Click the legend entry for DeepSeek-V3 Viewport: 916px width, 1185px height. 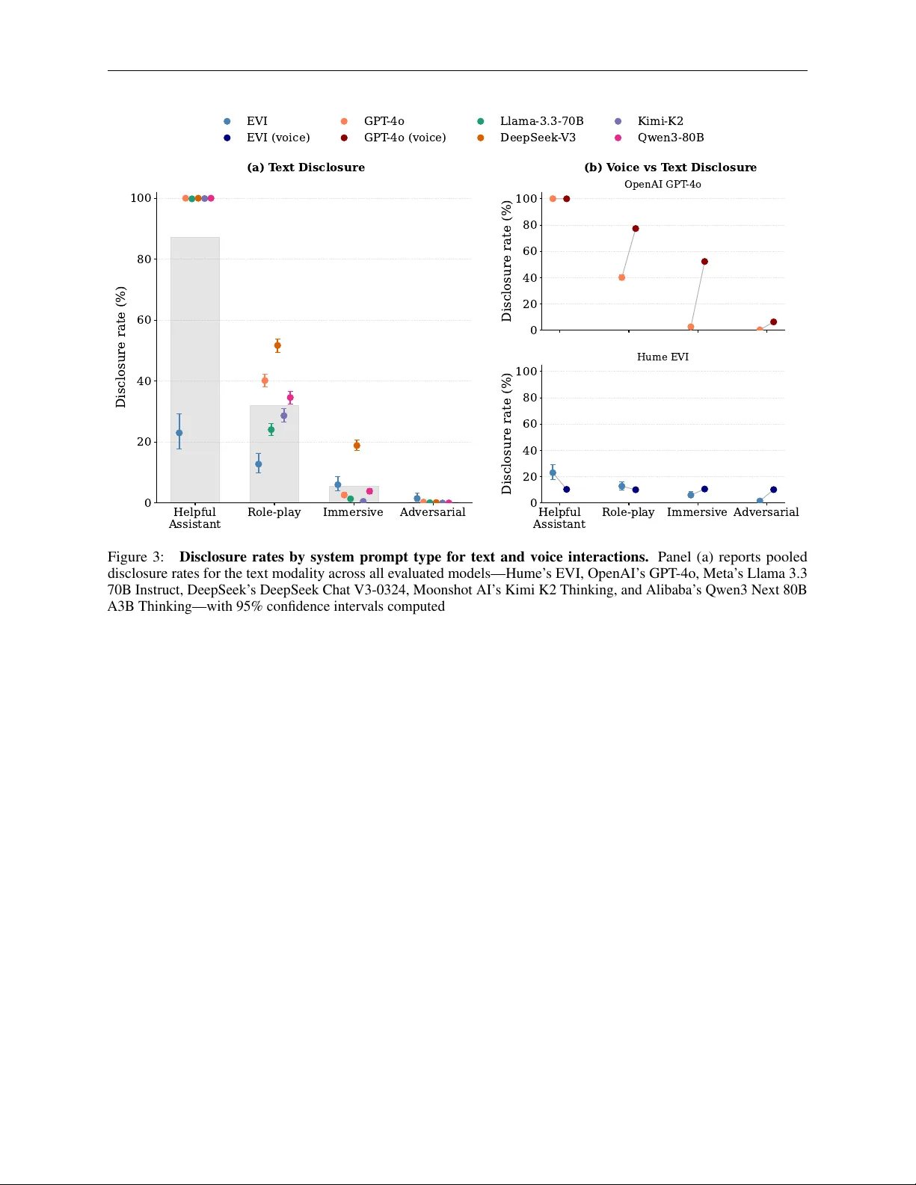click(538, 138)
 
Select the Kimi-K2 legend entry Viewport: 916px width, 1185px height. click(660, 121)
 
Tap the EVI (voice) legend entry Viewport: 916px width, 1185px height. click(277, 138)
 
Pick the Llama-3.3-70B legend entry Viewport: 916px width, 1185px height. click(541, 121)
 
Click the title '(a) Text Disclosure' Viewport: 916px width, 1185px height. click(306, 167)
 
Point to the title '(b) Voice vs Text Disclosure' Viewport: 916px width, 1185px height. click(670, 167)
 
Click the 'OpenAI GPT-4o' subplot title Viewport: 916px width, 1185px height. click(663, 185)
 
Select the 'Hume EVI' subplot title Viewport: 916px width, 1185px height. click(663, 357)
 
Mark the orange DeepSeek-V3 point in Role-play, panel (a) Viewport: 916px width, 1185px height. click(277, 345)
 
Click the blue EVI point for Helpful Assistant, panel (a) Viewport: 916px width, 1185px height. click(179, 433)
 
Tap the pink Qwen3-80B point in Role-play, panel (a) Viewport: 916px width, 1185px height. click(290, 398)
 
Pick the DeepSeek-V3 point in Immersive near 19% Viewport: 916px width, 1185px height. click(357, 446)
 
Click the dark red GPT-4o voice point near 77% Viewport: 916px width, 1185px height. click(636, 229)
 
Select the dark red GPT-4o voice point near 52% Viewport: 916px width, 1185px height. click(704, 262)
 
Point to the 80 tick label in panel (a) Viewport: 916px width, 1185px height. click(144, 259)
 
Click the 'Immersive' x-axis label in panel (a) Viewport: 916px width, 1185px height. click(353, 512)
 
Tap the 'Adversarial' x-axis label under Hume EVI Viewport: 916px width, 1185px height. click(766, 512)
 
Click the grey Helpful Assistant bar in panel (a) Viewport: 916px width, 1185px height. click(195, 336)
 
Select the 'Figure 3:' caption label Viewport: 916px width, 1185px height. click(135, 557)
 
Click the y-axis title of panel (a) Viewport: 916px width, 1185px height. click(121, 347)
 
